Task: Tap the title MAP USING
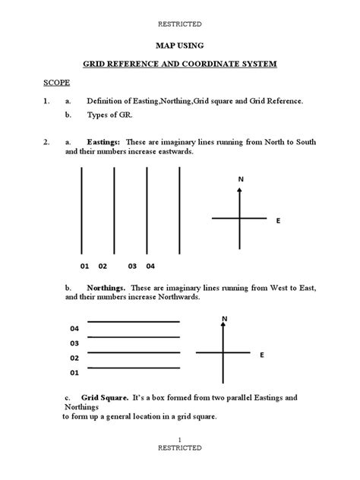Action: coord(179,46)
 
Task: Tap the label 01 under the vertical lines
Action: coord(84,267)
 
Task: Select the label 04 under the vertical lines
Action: coord(150,267)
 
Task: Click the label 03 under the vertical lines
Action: coord(132,267)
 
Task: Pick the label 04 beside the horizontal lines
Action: coord(74,329)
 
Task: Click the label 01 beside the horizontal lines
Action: coord(74,373)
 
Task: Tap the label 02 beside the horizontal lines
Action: coord(74,358)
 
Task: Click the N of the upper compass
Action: coord(240,179)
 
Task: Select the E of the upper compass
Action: coord(278,220)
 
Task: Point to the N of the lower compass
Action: coord(224,317)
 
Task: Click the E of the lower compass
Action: coord(262,355)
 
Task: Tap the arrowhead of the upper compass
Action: coord(240,191)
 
